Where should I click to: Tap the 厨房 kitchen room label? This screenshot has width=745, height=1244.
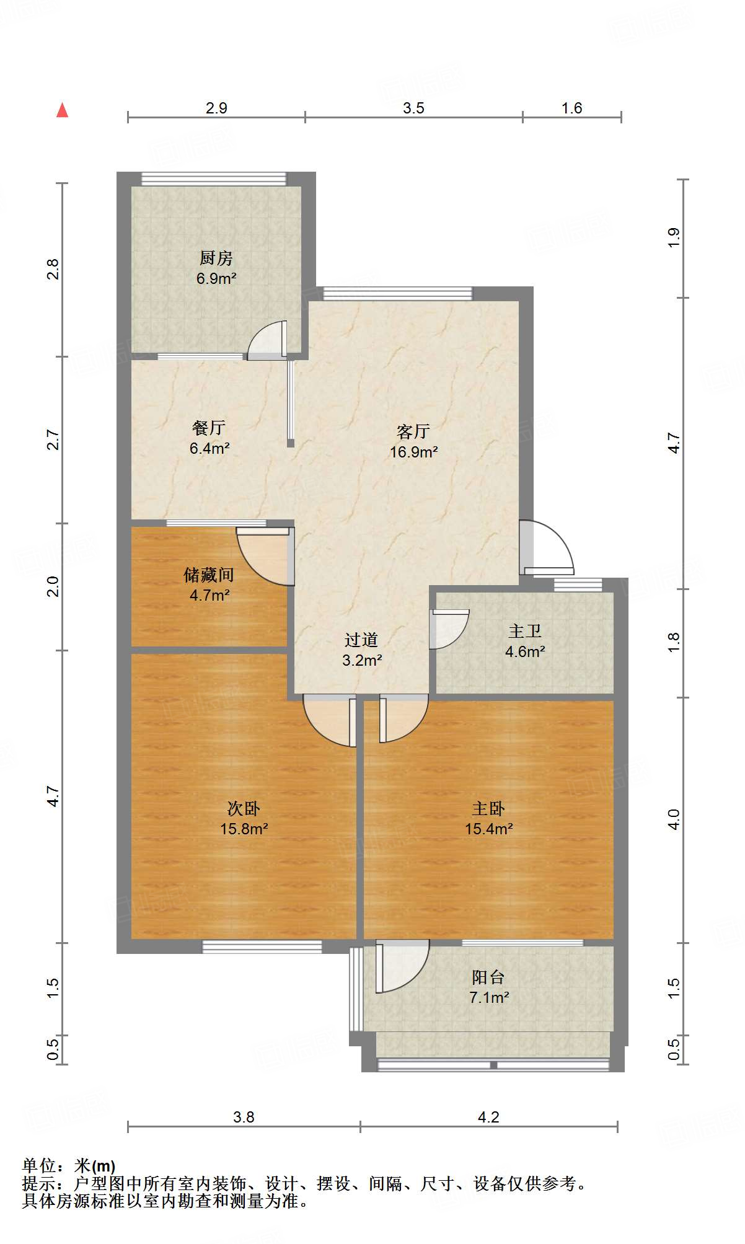coord(216,257)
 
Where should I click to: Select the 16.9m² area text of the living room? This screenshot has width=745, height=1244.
coord(413,452)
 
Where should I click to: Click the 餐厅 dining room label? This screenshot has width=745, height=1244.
coord(208,428)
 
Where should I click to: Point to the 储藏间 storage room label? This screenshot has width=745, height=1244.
coord(209,575)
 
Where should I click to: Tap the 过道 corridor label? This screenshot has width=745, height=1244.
coord(361,639)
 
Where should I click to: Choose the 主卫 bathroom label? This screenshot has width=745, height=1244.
coord(525,631)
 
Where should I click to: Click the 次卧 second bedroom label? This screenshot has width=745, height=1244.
coord(244,808)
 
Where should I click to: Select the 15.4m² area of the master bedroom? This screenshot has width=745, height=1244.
coord(489,829)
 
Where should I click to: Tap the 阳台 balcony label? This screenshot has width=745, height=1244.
coord(488,977)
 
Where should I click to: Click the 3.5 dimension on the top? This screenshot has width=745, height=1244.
coord(413,108)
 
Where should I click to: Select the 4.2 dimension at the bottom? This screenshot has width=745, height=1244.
coord(488,1117)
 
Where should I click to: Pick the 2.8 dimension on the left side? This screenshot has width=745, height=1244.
coord(53,269)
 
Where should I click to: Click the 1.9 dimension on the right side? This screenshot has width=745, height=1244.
coord(674,238)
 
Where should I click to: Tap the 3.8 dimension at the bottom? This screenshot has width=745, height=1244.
coord(244,1117)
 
